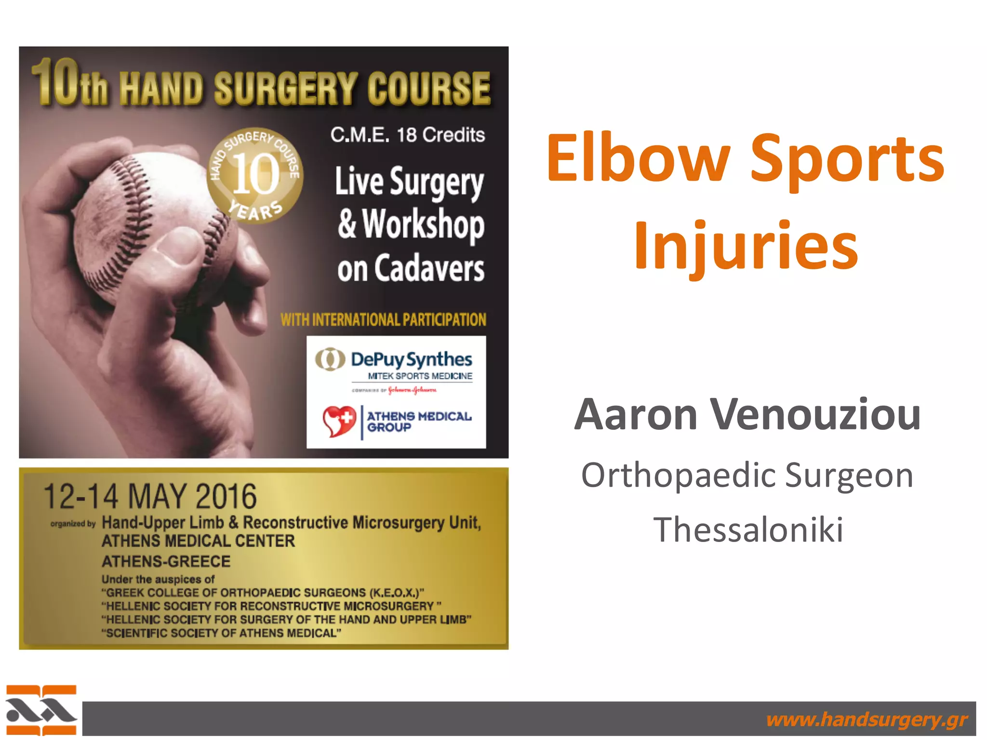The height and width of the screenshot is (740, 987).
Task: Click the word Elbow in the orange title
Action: pos(638,159)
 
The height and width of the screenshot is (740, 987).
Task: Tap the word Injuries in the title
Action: pos(746,246)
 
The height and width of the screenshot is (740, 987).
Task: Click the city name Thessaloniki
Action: pos(748,529)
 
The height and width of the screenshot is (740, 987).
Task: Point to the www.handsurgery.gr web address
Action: pos(867,719)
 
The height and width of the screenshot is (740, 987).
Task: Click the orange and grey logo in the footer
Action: pos(41,710)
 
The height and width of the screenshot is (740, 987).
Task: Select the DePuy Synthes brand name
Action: pos(411,359)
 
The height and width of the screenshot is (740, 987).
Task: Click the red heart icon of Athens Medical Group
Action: pos(339,421)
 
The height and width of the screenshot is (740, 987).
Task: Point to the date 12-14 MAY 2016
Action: pos(150,497)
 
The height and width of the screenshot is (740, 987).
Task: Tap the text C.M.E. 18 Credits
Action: pos(407,135)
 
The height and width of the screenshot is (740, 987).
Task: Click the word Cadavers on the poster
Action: pos(429,269)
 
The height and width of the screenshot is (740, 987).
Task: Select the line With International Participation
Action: pos(383,320)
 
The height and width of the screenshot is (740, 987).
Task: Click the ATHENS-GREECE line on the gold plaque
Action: pos(166,562)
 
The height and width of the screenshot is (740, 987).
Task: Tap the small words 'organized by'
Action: pos(73,524)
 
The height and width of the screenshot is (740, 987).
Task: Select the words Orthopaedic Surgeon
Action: pos(747,476)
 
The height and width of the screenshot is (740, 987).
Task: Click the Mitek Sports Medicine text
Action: pos(420,376)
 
